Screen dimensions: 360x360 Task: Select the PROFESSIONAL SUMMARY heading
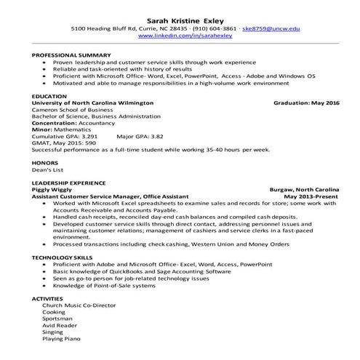[x=71, y=55]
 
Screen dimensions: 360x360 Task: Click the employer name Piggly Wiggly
[x=52, y=189]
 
